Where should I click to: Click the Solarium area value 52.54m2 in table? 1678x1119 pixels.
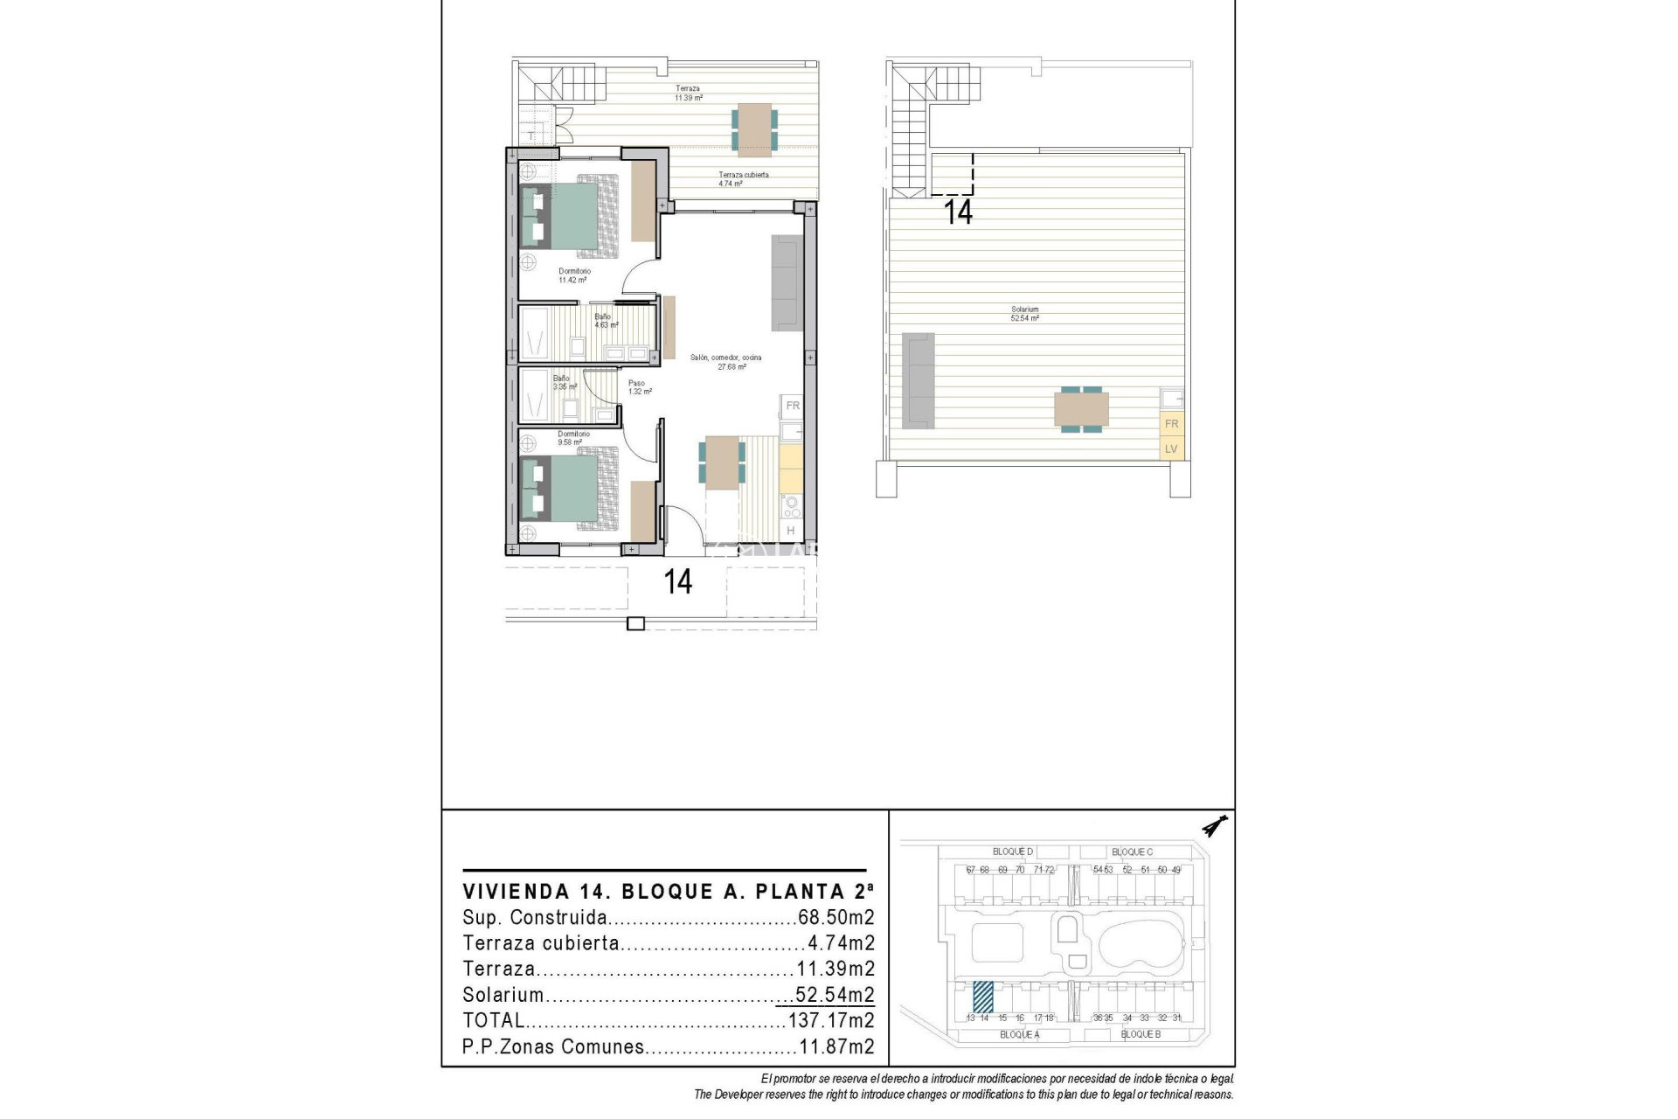pyautogui.click(x=835, y=995)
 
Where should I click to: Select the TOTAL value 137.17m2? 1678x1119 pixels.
pyautogui.click(x=831, y=1020)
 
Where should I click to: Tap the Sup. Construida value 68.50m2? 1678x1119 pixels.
pyautogui.click(x=836, y=918)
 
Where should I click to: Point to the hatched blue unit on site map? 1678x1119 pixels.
pyautogui.click(x=983, y=997)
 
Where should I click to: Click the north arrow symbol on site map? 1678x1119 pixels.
pyautogui.click(x=1214, y=826)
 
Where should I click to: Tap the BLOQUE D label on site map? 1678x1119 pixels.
pyautogui.click(x=1013, y=851)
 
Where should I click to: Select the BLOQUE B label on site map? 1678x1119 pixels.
pyautogui.click(x=1141, y=1034)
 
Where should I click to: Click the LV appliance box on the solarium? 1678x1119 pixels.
pyautogui.click(x=1171, y=448)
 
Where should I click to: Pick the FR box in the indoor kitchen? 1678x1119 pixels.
pyautogui.click(x=793, y=406)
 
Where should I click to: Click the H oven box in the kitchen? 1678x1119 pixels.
pyautogui.click(x=791, y=531)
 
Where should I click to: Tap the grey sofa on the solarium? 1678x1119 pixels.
pyautogui.click(x=919, y=381)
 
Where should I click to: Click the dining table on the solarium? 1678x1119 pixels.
pyautogui.click(x=1081, y=409)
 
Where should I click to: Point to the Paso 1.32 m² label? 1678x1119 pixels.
pyautogui.click(x=639, y=387)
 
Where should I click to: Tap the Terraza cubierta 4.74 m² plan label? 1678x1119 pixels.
pyautogui.click(x=743, y=179)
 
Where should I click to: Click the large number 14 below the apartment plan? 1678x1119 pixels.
pyautogui.click(x=678, y=582)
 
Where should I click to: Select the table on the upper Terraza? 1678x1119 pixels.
pyautogui.click(x=754, y=129)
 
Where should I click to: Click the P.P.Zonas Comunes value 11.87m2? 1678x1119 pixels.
pyautogui.click(x=836, y=1046)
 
